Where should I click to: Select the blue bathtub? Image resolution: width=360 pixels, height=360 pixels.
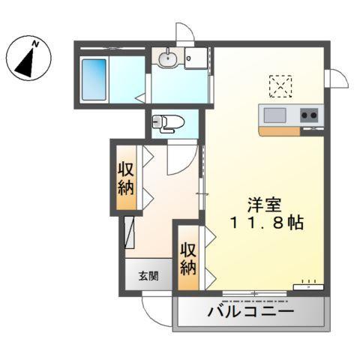pos(95,79)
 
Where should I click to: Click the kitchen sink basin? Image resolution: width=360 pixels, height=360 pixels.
pos(274,114)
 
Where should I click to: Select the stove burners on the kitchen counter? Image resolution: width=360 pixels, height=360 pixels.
pos(309,115)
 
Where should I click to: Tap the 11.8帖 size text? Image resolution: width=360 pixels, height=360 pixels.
pos(267,223)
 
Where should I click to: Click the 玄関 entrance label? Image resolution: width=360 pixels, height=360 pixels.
pos(148,275)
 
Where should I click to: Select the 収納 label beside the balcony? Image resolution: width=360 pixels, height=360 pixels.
pos(188,257)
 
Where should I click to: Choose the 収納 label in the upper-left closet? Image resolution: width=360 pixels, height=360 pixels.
pos(125,178)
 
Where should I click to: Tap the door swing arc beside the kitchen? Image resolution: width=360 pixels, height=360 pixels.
pos(337,77)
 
